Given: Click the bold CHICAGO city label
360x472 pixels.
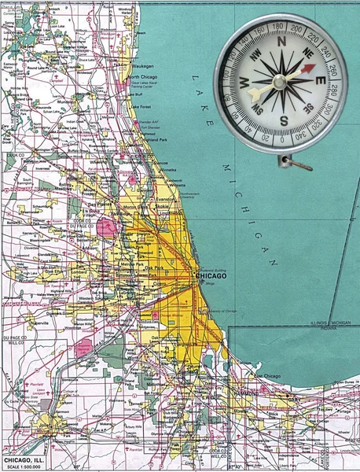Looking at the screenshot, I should pyautogui.click(x=211, y=276).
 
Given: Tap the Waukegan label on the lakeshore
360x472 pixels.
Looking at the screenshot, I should pyautogui.click(x=143, y=65).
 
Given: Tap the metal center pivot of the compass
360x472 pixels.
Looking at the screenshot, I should pyautogui.click(x=280, y=83).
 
